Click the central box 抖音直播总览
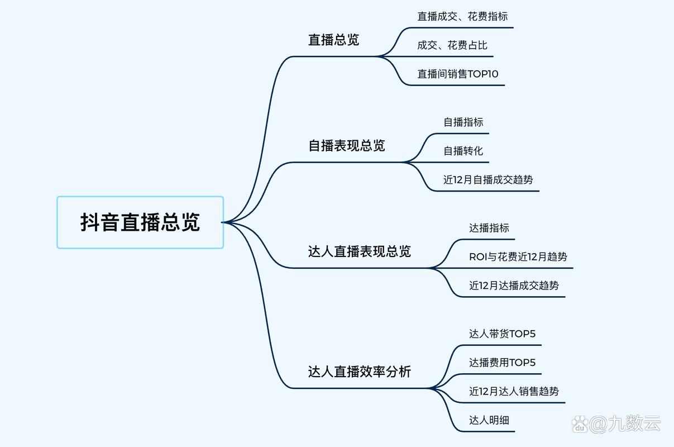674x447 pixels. (140, 222)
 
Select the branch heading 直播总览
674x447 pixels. (334, 40)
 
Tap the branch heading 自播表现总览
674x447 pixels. (347, 145)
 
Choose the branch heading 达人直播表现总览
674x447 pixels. (359, 251)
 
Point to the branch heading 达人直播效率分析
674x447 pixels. (359, 372)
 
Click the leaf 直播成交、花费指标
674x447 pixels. (462, 16)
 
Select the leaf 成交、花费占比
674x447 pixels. (452, 45)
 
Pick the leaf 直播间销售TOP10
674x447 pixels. (458, 74)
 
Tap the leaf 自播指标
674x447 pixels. (463, 122)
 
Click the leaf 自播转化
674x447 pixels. (463, 151)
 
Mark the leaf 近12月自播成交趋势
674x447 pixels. (488, 180)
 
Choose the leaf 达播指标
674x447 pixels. (489, 228)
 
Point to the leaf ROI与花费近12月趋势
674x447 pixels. (518, 257)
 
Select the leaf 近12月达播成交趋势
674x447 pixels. (514, 286)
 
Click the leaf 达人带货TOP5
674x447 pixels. (502, 334)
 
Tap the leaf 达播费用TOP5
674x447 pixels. (502, 363)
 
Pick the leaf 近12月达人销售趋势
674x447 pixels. (514, 391)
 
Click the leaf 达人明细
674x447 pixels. (489, 420)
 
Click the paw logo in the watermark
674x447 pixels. (580, 424)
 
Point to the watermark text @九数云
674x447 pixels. (625, 424)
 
